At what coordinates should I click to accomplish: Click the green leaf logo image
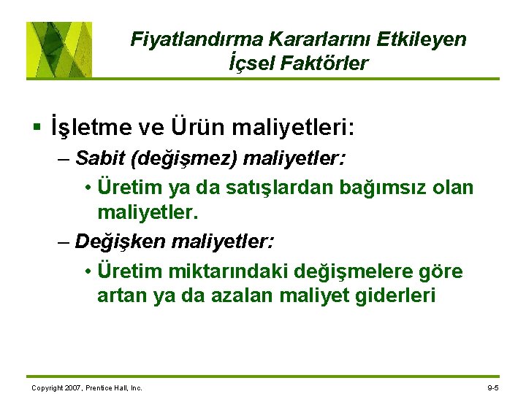point(59,50)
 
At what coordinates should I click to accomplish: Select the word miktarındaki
point(224,271)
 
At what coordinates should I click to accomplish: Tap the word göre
point(440,271)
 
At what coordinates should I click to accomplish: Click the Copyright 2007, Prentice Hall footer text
point(87,387)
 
